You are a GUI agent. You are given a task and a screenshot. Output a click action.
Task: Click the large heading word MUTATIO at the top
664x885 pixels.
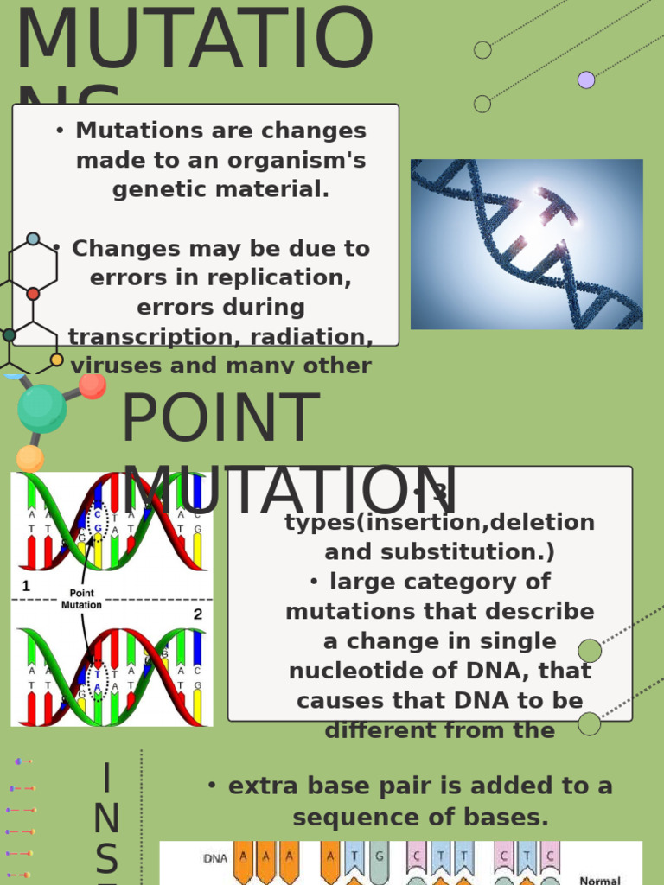click(195, 41)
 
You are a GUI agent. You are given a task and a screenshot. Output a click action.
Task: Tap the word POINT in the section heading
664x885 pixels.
click(220, 419)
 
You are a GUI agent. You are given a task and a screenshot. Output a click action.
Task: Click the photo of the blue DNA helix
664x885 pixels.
click(526, 244)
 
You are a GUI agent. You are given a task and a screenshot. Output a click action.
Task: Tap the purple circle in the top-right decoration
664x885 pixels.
click(586, 80)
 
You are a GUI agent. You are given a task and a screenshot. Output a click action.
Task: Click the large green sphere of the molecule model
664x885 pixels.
click(41, 409)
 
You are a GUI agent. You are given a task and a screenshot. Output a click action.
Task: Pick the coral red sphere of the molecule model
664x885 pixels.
click(93, 385)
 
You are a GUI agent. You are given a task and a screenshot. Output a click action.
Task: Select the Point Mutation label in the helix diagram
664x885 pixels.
click(81, 599)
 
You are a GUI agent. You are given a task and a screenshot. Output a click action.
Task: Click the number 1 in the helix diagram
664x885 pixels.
click(26, 586)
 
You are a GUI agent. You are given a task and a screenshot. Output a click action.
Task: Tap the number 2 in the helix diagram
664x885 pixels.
click(198, 614)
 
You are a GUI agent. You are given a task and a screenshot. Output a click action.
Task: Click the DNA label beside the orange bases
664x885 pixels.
click(216, 858)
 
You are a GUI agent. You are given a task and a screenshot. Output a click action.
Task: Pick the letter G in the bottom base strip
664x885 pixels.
click(377, 858)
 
